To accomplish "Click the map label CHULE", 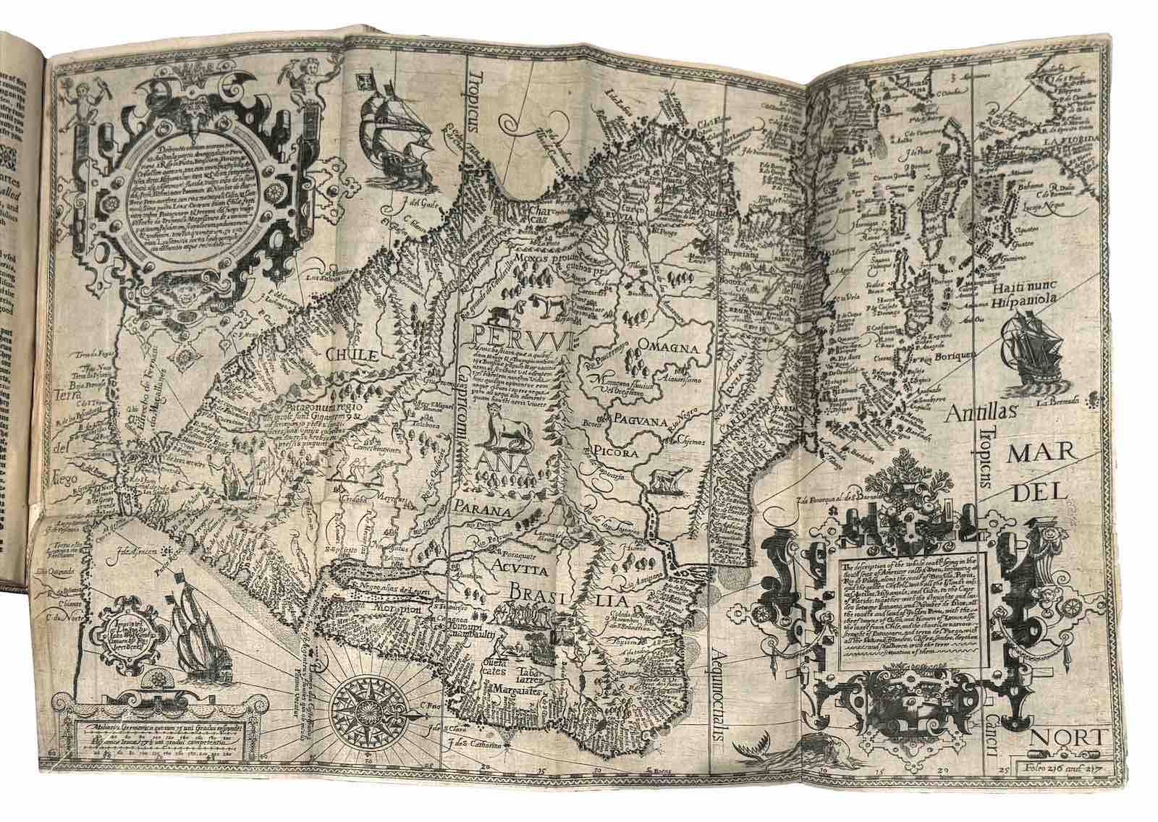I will click(352, 355).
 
